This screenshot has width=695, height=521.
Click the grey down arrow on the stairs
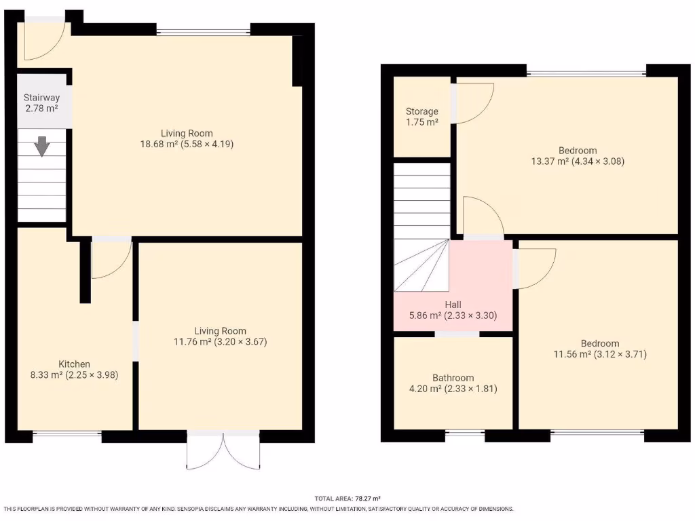42,146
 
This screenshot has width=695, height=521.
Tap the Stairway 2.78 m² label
41,103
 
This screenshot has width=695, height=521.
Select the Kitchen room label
75,369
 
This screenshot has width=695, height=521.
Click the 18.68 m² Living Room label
187,138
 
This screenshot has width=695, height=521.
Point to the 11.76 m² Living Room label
221,336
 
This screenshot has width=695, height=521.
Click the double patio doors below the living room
223,450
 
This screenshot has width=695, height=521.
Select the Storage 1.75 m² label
422,116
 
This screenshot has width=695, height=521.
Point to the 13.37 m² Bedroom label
578,156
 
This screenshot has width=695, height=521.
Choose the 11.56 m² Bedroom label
599,349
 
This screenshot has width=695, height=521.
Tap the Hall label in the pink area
453,310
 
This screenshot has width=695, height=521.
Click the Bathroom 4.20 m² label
453,383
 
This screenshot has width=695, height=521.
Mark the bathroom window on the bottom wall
465,433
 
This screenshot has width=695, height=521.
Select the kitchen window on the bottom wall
67,433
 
